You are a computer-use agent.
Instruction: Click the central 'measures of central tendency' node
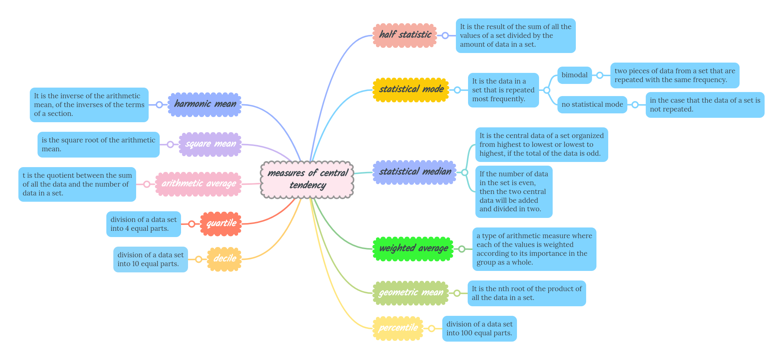[x=307, y=180]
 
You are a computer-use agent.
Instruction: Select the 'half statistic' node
[x=405, y=35]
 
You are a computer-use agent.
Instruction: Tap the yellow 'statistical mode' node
[x=411, y=89]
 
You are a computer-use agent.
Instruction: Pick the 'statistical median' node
[x=415, y=172]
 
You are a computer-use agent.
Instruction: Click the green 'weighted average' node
[x=413, y=249]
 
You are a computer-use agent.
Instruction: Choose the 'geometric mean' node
[x=411, y=293]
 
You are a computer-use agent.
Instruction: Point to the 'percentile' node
[x=398, y=328]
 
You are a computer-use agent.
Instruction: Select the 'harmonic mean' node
[x=205, y=105]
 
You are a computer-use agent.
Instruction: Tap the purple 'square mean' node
[x=210, y=144]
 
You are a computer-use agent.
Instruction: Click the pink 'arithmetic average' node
[x=198, y=184]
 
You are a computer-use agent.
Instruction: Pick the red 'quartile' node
[x=221, y=223]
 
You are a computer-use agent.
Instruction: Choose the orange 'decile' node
[x=224, y=259]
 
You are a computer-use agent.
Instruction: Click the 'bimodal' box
[x=574, y=75]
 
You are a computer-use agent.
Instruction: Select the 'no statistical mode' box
[x=592, y=105]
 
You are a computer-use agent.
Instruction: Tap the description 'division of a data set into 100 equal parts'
[x=479, y=328]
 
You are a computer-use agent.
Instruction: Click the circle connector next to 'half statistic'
[x=445, y=36]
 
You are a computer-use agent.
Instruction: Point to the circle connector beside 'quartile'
[x=192, y=224]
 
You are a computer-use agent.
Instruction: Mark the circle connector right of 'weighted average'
[x=462, y=249]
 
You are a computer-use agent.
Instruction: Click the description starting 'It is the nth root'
[x=527, y=293]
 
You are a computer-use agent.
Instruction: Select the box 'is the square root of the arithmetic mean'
[x=98, y=145]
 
